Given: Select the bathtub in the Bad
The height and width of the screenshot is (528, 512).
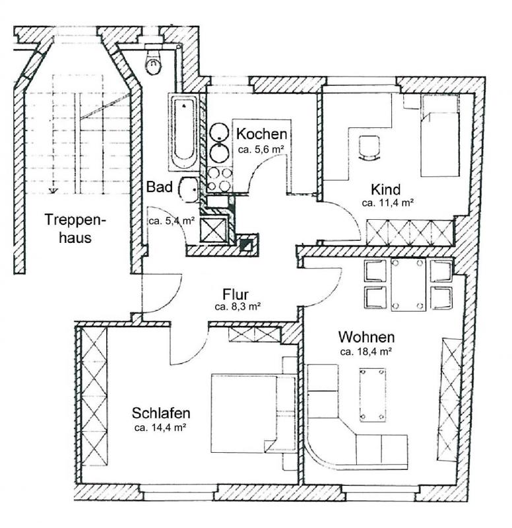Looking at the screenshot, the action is click(x=184, y=132).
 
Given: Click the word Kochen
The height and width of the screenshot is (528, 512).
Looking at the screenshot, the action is click(x=261, y=134).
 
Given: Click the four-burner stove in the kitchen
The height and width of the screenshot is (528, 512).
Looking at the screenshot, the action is click(x=219, y=180).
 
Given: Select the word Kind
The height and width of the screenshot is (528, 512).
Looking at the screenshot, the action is click(x=386, y=189).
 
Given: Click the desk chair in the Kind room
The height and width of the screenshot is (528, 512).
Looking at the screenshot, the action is click(x=369, y=148).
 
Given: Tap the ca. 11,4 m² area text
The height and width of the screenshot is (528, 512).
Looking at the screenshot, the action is click(x=387, y=203).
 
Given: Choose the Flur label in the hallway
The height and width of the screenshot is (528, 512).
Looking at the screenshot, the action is click(x=236, y=294).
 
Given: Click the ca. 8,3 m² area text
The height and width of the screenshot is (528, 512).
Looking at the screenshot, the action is click(x=238, y=307).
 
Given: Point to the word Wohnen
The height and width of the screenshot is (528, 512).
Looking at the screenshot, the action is click(x=367, y=337).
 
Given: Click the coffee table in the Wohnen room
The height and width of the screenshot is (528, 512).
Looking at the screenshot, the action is click(x=372, y=395).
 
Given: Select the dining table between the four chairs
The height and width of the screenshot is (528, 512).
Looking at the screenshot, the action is click(x=408, y=284).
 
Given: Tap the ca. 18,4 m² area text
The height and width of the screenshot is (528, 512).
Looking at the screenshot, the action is click(x=366, y=352).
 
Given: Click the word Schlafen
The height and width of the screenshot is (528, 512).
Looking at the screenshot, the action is click(x=161, y=413).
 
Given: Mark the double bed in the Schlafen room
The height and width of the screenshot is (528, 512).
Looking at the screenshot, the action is click(x=253, y=413).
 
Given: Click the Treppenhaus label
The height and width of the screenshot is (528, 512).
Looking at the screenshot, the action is click(x=75, y=228).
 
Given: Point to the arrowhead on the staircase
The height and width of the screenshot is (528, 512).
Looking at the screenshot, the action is click(x=53, y=191).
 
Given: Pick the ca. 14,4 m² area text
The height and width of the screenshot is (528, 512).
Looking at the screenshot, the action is click(x=160, y=428).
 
